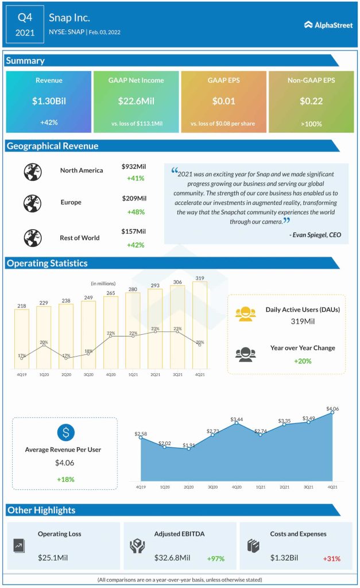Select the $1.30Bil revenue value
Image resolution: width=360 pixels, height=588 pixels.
49,102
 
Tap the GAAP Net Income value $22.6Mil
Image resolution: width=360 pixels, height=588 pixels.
136,102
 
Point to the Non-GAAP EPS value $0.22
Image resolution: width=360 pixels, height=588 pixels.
311,102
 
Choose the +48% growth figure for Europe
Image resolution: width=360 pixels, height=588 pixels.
135,212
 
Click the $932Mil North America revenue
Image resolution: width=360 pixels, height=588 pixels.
134,166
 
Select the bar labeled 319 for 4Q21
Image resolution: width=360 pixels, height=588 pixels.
200,324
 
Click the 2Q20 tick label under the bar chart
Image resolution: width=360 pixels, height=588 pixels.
66,375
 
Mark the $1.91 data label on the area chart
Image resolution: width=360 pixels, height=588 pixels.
188,445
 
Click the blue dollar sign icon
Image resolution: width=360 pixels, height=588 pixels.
65,432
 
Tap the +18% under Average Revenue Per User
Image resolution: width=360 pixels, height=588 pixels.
65,479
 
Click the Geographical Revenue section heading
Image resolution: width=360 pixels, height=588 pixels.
53,146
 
